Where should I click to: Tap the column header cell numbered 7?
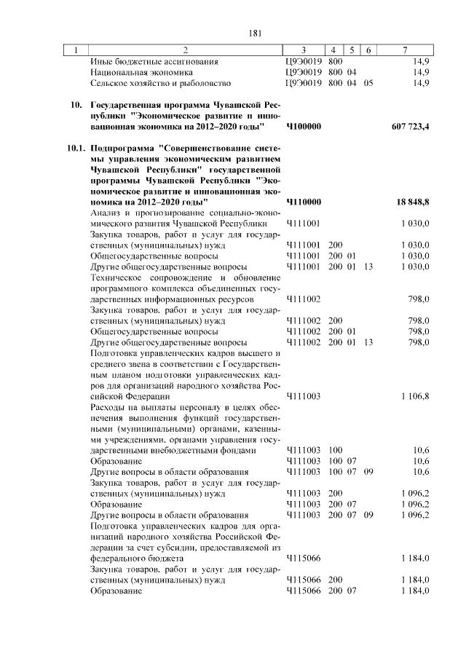405,50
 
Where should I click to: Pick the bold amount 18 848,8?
413,201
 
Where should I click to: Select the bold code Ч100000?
304,127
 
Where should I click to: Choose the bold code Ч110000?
304,201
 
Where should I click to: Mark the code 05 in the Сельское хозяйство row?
368,84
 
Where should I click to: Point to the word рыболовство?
204,84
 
